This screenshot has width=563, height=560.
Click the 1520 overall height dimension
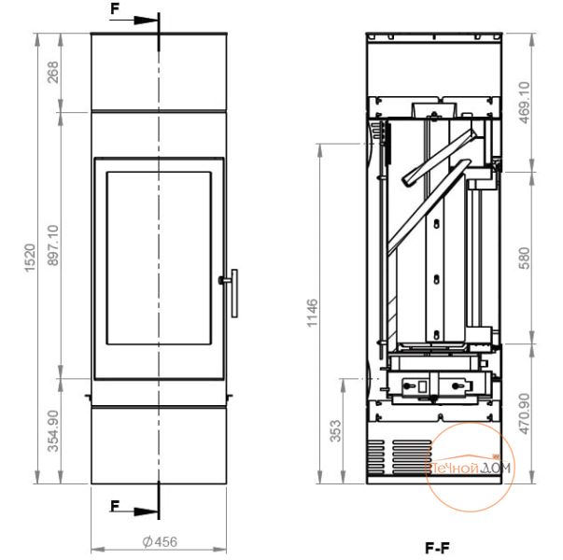(x=30, y=259)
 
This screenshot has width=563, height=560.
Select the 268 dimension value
(x=52, y=72)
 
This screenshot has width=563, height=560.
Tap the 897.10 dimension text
(x=52, y=245)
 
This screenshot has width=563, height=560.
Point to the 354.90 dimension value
(x=53, y=431)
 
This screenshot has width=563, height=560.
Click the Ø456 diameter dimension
(x=160, y=541)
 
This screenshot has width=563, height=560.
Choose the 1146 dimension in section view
(x=312, y=313)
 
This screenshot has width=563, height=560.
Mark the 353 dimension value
(x=335, y=431)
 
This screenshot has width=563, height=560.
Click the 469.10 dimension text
(x=525, y=103)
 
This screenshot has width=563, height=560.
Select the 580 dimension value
(x=524, y=258)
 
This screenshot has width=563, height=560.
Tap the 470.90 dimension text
(x=525, y=413)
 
